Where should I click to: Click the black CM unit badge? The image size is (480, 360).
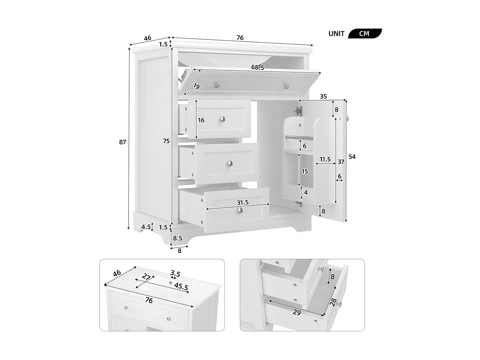364,34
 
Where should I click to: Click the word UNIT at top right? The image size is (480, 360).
336,34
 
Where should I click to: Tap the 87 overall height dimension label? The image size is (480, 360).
123,142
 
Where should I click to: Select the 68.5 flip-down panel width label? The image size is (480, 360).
258,68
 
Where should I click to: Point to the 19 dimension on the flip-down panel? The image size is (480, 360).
196,86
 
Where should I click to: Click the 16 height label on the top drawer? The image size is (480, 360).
201,120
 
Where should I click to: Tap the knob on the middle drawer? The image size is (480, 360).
230,164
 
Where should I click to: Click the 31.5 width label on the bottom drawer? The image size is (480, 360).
243,203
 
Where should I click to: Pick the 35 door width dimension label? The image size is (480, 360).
323,96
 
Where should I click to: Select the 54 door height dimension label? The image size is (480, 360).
352,157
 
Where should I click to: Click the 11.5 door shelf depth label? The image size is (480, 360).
325,159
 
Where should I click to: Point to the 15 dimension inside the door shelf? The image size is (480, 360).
305,172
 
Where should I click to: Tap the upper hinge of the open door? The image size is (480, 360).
298,111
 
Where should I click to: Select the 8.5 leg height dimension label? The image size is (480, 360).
178,238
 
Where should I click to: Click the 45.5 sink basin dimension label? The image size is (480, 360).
181,286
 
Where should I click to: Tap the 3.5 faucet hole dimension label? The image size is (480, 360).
175,274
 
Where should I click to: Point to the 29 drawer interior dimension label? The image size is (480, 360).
297,312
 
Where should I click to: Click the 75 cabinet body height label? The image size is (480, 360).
166,141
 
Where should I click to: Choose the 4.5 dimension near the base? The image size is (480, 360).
146,227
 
